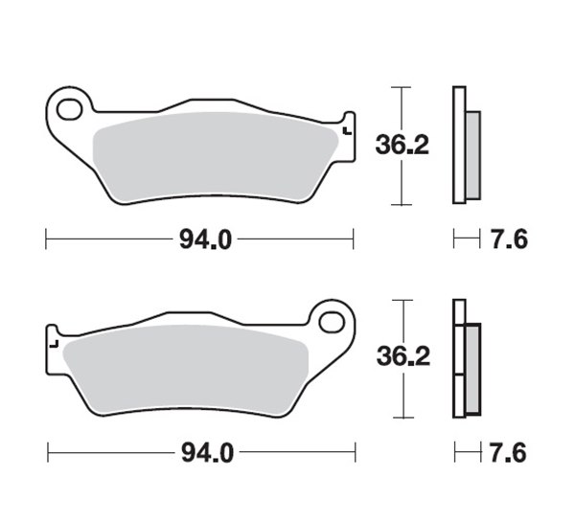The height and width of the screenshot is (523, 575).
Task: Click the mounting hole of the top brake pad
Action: point(69,109)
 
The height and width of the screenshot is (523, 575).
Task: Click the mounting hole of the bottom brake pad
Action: point(332,322)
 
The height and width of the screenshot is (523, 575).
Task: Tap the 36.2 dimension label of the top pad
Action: point(402,146)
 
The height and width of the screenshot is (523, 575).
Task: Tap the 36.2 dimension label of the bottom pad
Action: point(403,356)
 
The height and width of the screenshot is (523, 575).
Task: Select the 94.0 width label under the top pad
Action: point(205,239)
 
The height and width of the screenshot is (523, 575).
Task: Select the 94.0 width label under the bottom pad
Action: point(207,453)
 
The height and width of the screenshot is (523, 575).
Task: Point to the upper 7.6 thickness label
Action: point(509,239)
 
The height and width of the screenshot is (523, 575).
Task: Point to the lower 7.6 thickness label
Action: point(508,453)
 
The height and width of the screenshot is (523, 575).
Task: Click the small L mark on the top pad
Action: point(347,131)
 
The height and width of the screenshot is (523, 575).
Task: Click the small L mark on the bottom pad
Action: point(54,344)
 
